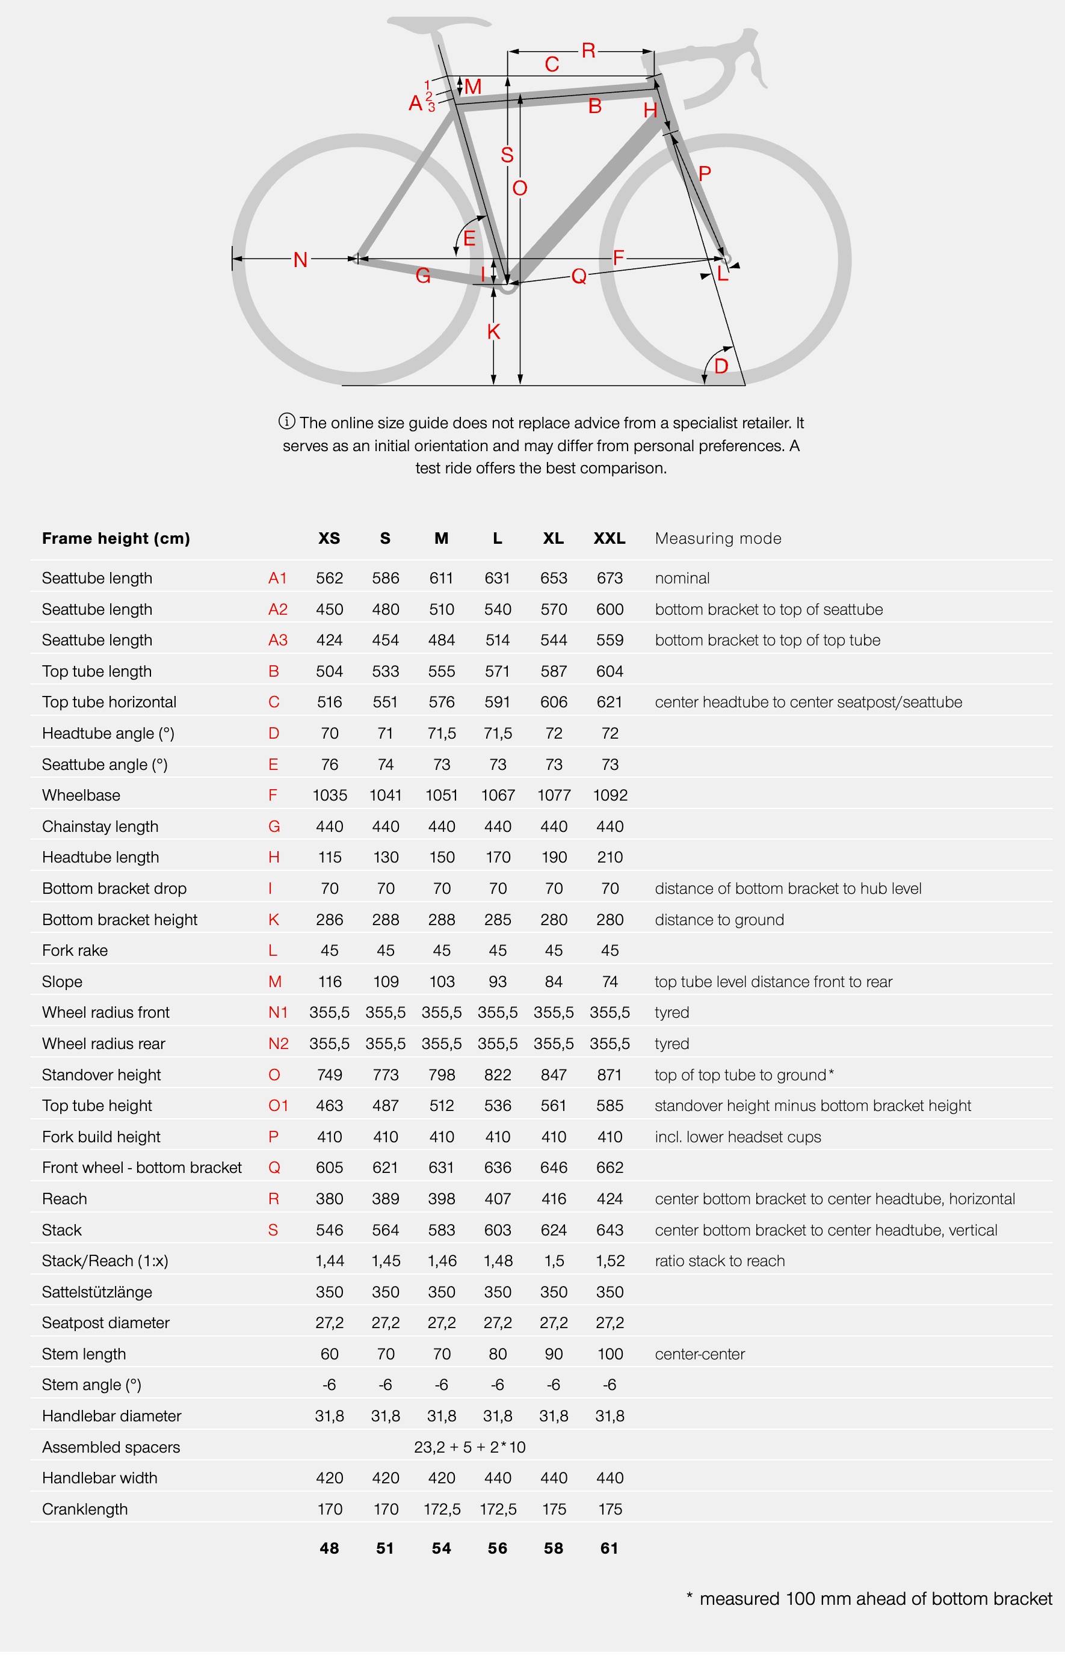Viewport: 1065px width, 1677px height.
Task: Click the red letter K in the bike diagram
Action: coord(493,331)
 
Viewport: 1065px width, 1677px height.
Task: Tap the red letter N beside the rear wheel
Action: coord(300,260)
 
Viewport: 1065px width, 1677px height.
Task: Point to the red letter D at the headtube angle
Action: coord(721,366)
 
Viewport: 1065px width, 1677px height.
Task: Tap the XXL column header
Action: coord(609,538)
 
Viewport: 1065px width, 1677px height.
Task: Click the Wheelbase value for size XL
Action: coord(553,795)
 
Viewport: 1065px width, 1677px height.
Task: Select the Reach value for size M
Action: coord(441,1199)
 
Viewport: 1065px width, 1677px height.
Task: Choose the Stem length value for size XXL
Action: coord(610,1354)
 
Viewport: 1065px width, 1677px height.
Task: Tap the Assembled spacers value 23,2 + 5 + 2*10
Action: coord(469,1447)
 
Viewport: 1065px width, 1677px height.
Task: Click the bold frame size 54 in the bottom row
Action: coord(441,1548)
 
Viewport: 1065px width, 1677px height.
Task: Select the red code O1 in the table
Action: coord(278,1105)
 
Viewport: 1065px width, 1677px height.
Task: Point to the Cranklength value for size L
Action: coord(498,1509)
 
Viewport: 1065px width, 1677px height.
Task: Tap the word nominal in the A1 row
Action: coord(682,578)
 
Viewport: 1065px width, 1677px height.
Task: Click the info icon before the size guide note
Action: coord(286,421)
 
